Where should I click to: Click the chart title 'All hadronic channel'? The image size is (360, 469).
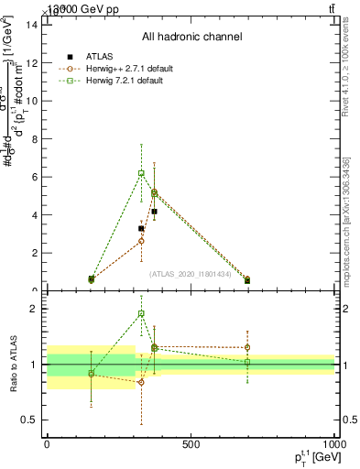coord(191,38)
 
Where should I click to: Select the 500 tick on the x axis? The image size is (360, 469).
coord(191,445)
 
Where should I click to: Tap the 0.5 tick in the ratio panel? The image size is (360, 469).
coord(29,420)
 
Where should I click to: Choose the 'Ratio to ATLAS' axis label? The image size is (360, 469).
coord(12,365)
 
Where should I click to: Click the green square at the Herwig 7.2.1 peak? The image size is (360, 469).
coord(141,173)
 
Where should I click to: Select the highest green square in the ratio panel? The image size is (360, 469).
coord(141,313)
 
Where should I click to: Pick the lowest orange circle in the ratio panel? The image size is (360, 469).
coord(141,382)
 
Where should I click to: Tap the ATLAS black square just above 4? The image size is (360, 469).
coord(154,212)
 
